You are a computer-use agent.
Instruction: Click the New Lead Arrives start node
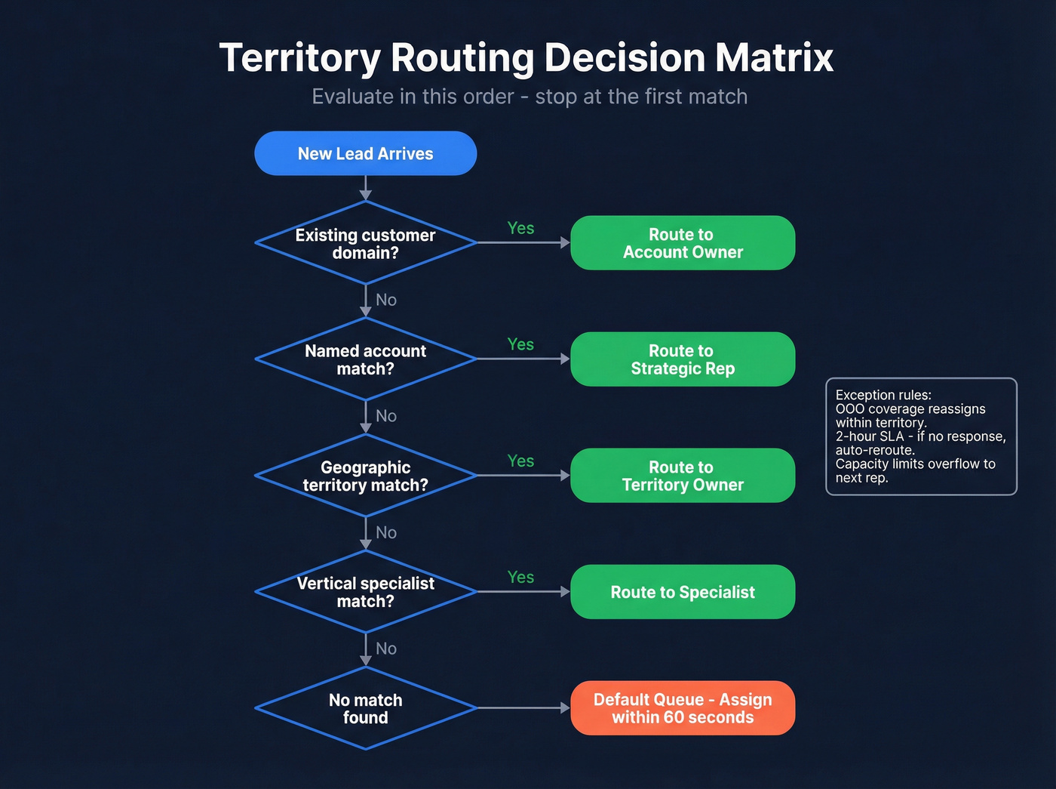pyautogui.click(x=365, y=153)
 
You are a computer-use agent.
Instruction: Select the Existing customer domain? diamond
pyautogui.click(x=365, y=243)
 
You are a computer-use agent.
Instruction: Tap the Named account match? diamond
pyautogui.click(x=365, y=359)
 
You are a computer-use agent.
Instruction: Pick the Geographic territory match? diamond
pyautogui.click(x=365, y=476)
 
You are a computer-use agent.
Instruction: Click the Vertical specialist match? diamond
pyautogui.click(x=365, y=592)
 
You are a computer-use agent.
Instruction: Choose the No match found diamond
pyautogui.click(x=365, y=708)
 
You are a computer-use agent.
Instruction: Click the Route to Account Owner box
pyautogui.click(x=683, y=243)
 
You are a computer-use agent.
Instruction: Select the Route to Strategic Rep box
pyautogui.click(x=683, y=359)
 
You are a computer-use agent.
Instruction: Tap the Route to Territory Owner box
pyautogui.click(x=683, y=476)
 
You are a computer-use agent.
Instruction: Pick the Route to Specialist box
pyautogui.click(x=683, y=592)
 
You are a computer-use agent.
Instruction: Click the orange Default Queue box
pyautogui.click(x=683, y=708)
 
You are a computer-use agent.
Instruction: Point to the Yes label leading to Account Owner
pyautogui.click(x=520, y=228)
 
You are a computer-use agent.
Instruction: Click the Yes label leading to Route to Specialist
pyautogui.click(x=520, y=577)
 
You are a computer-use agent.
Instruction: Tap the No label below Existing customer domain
pyautogui.click(x=386, y=300)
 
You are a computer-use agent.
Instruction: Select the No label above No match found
pyautogui.click(x=386, y=649)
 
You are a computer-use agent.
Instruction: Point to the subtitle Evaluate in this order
pyautogui.click(x=530, y=97)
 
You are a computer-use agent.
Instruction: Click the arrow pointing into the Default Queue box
pyautogui.click(x=563, y=708)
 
